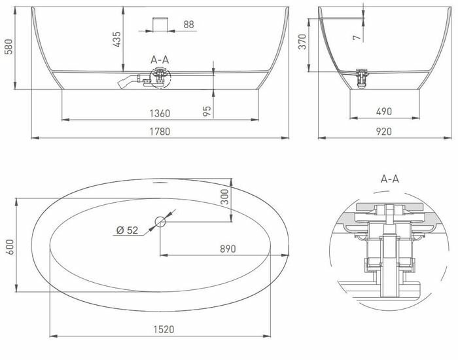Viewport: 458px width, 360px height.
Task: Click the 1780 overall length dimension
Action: (x=160, y=131)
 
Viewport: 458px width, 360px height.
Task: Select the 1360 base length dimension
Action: (x=160, y=113)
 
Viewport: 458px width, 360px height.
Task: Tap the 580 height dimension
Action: (x=9, y=48)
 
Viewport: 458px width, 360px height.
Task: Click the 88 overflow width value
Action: (x=189, y=25)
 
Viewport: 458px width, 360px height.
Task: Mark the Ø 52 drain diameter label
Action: (x=127, y=230)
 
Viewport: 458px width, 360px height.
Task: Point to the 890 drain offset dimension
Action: (x=227, y=249)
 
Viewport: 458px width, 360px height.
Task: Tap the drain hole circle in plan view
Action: (x=161, y=221)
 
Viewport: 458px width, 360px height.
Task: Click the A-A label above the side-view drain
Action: (x=160, y=60)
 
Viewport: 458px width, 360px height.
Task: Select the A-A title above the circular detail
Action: (x=390, y=178)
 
